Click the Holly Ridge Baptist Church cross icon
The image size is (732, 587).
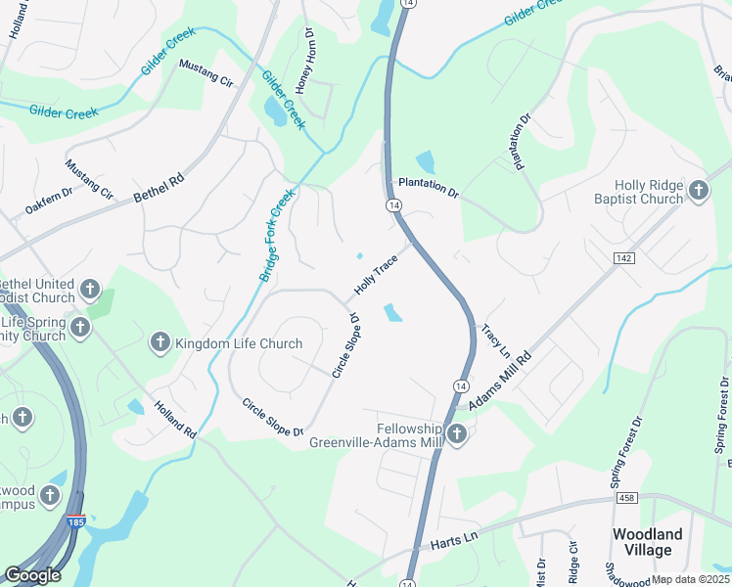point(699,191)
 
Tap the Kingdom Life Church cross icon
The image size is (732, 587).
point(160,342)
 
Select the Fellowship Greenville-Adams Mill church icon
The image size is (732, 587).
point(456,434)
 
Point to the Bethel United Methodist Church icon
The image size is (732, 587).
point(90,290)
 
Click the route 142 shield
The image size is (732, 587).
point(623,256)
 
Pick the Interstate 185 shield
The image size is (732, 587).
point(75,521)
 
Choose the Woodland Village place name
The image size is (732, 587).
point(647,542)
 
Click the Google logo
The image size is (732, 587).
point(32,575)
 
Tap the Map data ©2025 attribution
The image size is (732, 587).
point(690,579)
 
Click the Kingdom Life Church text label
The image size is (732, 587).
point(239,343)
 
